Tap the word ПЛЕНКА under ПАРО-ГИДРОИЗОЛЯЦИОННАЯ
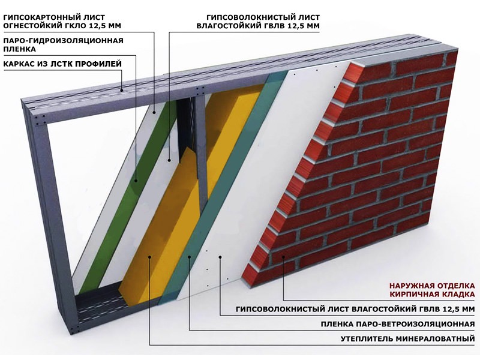pos(20,49)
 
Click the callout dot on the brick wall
pos(283,257)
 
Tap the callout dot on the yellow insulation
pos(149,257)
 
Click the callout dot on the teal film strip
pos(190,257)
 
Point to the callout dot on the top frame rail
pos(122,90)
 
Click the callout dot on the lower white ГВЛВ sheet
pos(220,257)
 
